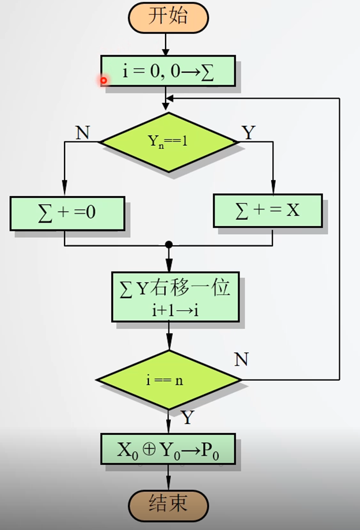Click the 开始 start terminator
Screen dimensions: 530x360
(168, 17)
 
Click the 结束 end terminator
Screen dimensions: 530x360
(168, 503)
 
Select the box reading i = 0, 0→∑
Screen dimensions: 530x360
(168, 71)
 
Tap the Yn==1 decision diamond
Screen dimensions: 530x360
(168, 141)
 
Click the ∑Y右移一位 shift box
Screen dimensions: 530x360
(175, 296)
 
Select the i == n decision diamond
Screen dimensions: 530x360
(168, 380)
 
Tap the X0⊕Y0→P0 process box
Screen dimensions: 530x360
(168, 449)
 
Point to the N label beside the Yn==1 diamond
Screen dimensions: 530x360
(82, 133)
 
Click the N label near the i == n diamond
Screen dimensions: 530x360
(241, 359)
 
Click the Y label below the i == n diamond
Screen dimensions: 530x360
(187, 417)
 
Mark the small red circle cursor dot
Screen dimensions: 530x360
(104, 81)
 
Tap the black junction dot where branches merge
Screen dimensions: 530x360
(168, 245)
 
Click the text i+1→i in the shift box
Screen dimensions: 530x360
(175, 310)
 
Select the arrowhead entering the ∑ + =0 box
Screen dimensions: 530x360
(65, 191)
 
